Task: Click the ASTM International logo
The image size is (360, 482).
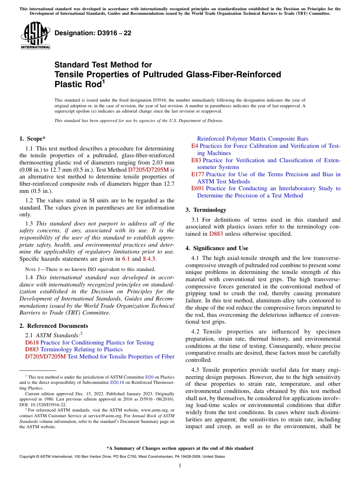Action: [35, 36]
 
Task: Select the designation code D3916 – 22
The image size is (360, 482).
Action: [93, 33]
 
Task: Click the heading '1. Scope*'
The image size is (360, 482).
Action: [33, 139]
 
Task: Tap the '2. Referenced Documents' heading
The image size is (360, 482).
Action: [54, 326]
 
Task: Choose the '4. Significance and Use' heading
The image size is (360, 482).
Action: [217, 248]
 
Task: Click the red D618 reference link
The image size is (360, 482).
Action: [32, 343]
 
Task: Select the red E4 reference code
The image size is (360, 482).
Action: [194, 146]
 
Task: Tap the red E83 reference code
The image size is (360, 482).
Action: [196, 160]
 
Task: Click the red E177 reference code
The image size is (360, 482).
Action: [198, 174]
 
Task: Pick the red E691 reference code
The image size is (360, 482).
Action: [198, 188]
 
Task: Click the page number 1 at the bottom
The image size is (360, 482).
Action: [180, 465]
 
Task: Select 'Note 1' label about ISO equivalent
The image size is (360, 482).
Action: [33, 269]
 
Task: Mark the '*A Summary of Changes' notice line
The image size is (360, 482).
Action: [180, 448]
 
